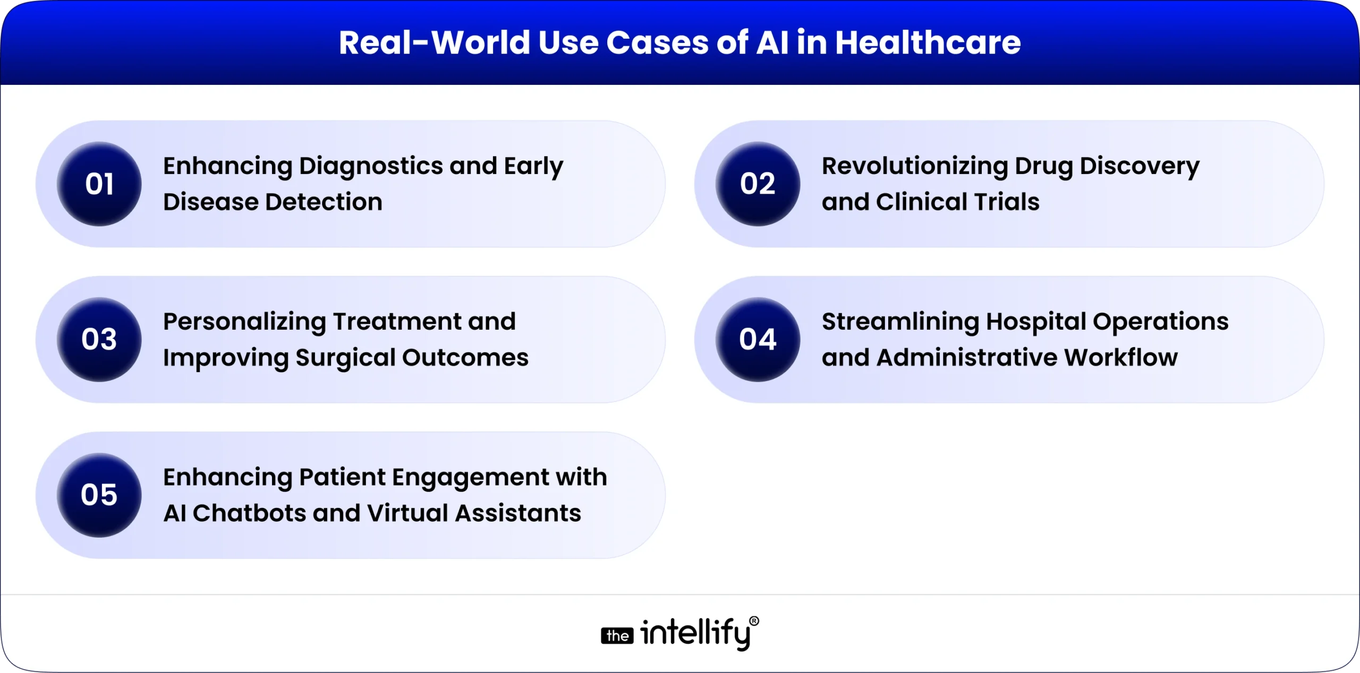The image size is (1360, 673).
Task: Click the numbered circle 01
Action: tap(99, 184)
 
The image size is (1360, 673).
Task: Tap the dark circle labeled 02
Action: tap(758, 184)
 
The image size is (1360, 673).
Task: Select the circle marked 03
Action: tap(99, 339)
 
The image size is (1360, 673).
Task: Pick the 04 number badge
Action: tap(758, 339)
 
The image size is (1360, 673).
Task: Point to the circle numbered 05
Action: tap(99, 495)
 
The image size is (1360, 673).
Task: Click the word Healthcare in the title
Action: tap(928, 42)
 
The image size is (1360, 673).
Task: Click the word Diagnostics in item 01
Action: tap(371, 167)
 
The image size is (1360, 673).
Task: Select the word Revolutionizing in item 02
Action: tap(914, 167)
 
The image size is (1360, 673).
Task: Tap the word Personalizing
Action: tap(244, 322)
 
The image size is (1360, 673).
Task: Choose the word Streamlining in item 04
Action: tap(900, 322)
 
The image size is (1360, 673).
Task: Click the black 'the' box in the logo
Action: tap(617, 636)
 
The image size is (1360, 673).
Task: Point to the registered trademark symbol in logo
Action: tap(754, 621)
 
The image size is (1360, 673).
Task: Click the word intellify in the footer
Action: tap(695, 634)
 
